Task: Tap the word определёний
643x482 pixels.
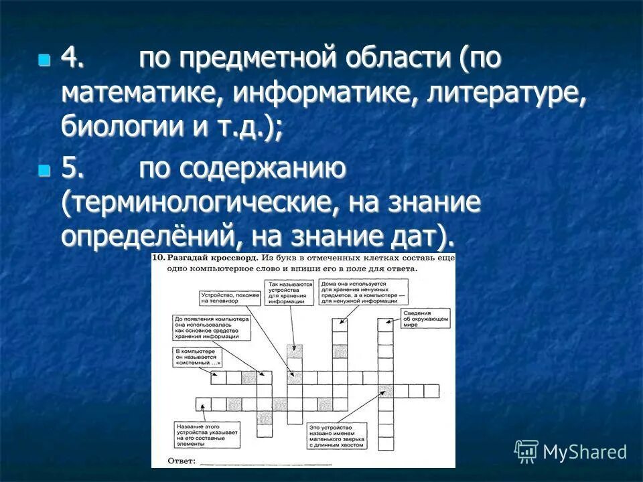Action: [x=141, y=236]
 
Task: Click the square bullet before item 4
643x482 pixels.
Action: [x=44, y=60]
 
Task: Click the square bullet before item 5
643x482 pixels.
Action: [x=44, y=171]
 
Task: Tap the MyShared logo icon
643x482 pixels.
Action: [x=526, y=452]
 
